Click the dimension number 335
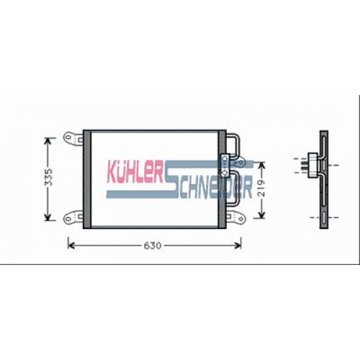49,177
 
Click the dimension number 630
153,246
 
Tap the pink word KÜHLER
135,171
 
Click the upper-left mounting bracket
73,138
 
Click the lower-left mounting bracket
73,217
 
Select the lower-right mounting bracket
235,217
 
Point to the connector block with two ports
225,166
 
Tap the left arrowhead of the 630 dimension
70,246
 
